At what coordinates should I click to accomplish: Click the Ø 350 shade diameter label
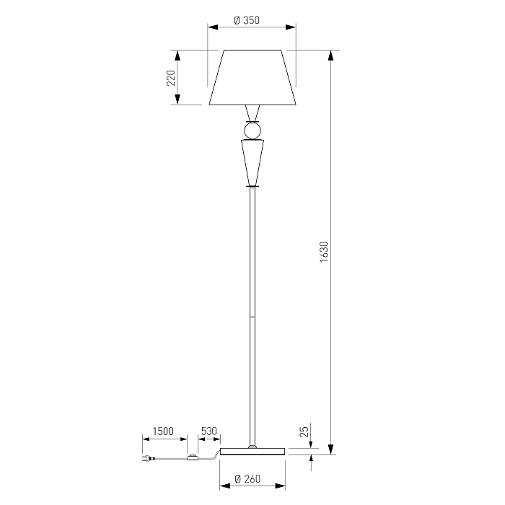[x=247, y=20]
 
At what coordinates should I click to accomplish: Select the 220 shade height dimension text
[x=171, y=78]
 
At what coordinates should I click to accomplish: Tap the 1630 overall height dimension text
[x=324, y=252]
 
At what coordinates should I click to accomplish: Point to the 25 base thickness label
[x=304, y=431]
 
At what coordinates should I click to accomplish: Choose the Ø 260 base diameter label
[x=247, y=479]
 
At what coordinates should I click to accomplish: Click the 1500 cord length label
[x=163, y=431]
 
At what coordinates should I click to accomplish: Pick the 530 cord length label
[x=209, y=431]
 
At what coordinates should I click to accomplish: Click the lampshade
[x=252, y=77]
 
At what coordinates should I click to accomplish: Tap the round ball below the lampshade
[x=252, y=131]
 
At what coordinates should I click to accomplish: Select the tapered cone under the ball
[x=252, y=162]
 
